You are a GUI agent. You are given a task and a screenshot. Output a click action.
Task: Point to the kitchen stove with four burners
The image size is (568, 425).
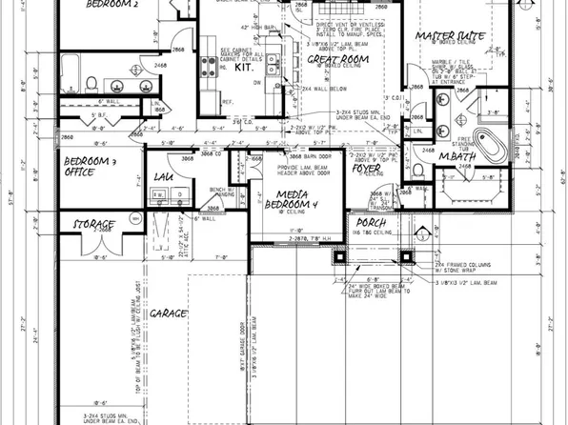coord(207,66)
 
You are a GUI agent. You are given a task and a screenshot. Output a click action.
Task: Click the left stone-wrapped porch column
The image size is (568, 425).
coord(332,257)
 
